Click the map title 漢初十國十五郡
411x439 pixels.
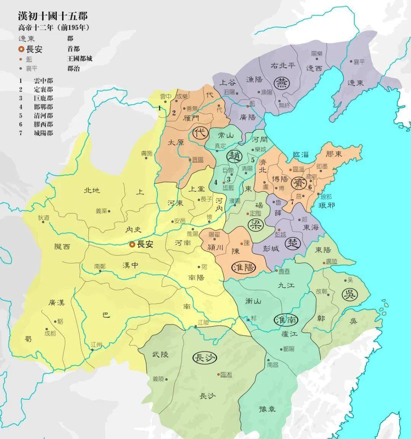pos(53,16)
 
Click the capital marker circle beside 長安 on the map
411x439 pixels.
pos(132,245)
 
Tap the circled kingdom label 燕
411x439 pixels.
pos(282,83)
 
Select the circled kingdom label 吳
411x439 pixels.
pos(349,294)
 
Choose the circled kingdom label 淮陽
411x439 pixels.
pos(243,267)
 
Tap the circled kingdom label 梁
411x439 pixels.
pos(255,224)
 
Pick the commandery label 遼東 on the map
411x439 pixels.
pos(355,83)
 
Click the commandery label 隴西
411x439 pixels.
pos(62,247)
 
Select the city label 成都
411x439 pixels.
pos(50,333)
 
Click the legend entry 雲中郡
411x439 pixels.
pos(43,81)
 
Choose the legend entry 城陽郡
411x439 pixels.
pos(43,133)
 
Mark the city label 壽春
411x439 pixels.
pos(284,271)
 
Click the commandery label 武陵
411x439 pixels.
pos(160,354)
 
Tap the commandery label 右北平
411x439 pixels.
pos(282,66)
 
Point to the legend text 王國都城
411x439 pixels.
pos(80,59)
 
